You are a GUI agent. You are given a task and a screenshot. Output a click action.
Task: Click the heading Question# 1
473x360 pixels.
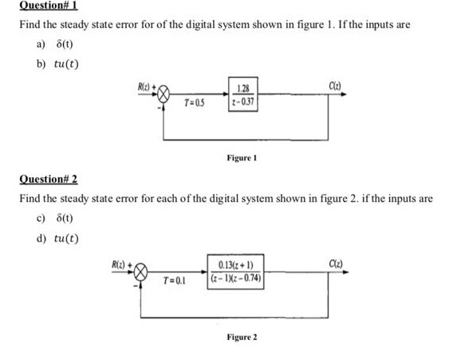coord(43,6)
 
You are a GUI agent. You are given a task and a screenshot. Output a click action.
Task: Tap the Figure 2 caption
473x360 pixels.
coord(242,338)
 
